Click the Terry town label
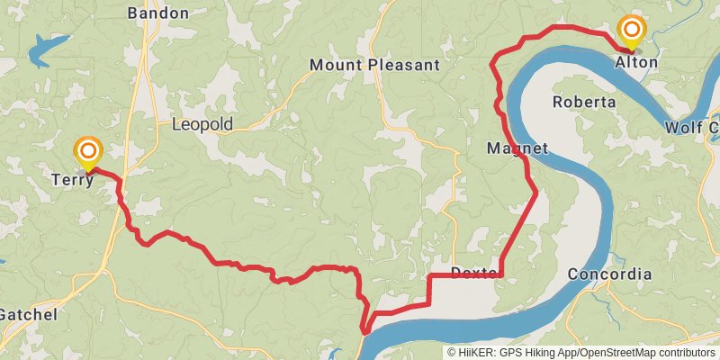click(x=73, y=179)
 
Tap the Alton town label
click(x=635, y=62)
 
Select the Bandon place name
click(x=158, y=13)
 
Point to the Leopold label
click(x=202, y=124)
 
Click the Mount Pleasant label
click(x=374, y=65)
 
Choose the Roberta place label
click(x=584, y=102)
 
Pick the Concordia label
click(x=610, y=274)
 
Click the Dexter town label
click(x=472, y=273)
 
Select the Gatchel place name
click(x=27, y=314)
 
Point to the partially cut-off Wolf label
click(x=691, y=128)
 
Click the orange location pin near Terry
click(x=88, y=152)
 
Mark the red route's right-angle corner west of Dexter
click(x=428, y=275)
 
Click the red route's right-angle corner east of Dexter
click(x=501, y=274)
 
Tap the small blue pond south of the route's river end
click(x=337, y=352)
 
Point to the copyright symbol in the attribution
click(x=452, y=353)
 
